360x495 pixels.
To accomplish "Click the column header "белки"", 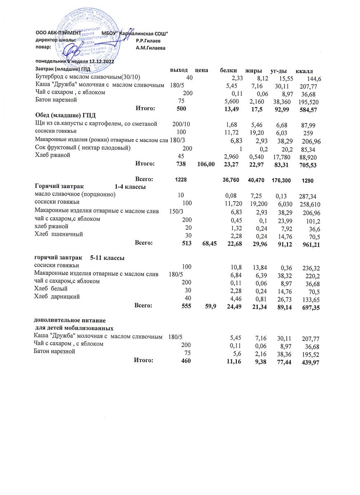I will click(x=229, y=71).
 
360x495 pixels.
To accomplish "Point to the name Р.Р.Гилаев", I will click(x=148, y=41).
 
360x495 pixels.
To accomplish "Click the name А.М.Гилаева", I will click(x=150, y=48).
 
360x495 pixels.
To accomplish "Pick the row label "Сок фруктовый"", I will click(x=82, y=148).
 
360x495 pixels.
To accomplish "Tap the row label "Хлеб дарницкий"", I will click(x=56, y=297).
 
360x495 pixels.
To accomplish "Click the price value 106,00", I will click(x=206, y=164).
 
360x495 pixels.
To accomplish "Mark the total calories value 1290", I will click(x=308, y=181).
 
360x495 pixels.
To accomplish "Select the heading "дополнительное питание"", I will click(x=70, y=321).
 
